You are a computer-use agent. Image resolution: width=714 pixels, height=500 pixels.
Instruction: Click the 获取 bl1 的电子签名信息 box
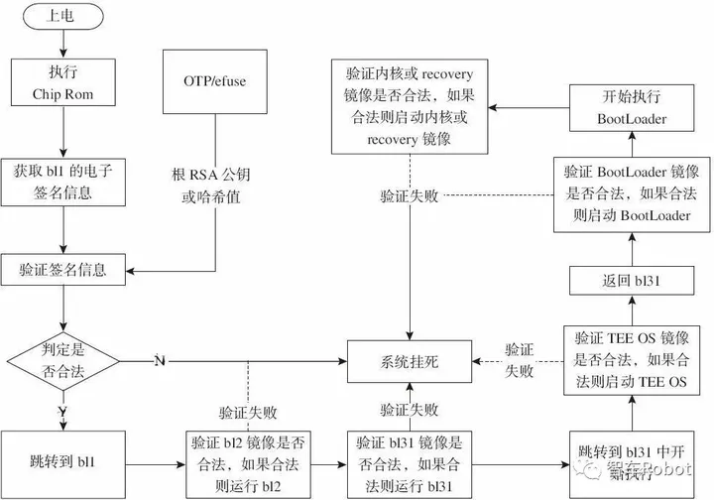[x=62, y=181]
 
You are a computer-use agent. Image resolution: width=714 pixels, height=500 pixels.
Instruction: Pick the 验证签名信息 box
[x=62, y=269]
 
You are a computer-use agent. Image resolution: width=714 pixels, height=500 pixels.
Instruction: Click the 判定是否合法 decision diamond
[x=62, y=358]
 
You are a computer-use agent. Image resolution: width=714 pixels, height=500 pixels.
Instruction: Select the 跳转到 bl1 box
[x=62, y=462]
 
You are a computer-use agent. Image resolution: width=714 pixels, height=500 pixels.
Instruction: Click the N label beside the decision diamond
[x=160, y=359]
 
